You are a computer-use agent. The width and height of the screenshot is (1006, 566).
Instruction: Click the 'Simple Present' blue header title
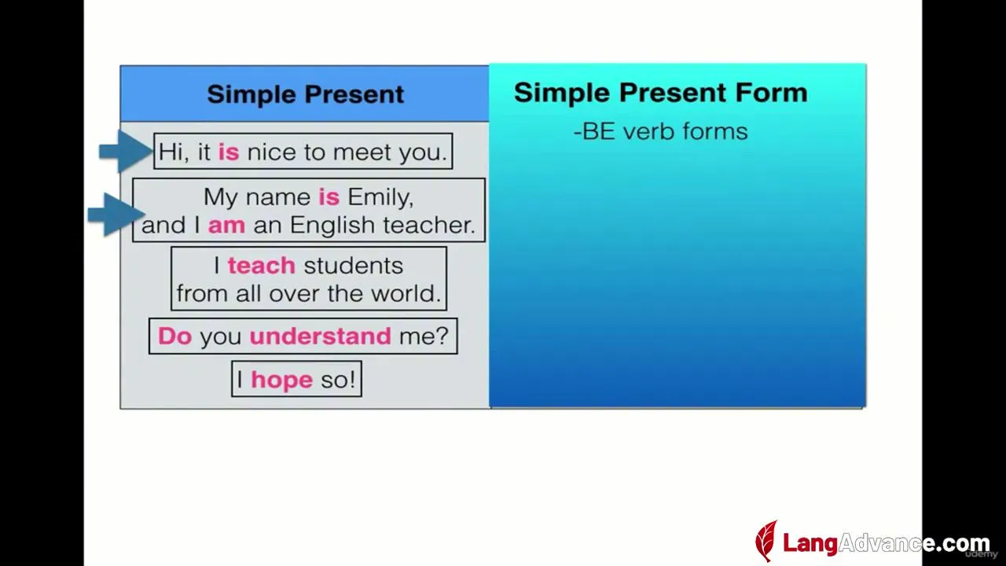pos(306,94)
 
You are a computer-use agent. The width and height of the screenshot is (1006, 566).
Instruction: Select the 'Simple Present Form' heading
pos(661,93)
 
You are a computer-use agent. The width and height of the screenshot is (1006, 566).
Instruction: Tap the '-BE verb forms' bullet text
pos(661,131)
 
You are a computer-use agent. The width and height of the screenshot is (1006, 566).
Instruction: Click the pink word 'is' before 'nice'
pos(229,152)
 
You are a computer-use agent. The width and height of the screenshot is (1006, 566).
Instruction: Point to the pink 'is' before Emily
pos(329,197)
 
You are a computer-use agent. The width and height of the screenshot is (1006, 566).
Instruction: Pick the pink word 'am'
pos(227,225)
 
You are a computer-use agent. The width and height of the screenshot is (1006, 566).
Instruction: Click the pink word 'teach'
pos(262,266)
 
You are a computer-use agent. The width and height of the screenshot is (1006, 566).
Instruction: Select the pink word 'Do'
pos(175,336)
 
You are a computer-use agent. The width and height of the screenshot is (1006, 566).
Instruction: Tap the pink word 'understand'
pos(320,336)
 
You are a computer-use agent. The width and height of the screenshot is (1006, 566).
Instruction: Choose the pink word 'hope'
pos(281,380)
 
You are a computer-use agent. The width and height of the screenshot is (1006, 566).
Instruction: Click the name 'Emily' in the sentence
pos(380,197)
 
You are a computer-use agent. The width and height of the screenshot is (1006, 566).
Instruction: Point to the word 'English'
pos(332,226)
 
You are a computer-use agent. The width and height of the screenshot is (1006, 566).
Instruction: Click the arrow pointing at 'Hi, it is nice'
pos(127,152)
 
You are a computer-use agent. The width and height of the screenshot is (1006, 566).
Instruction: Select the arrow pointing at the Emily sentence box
pos(116,215)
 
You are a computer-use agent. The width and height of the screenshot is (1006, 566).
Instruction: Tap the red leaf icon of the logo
pos(766,542)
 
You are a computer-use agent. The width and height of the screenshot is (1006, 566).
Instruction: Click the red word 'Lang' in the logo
pos(810,543)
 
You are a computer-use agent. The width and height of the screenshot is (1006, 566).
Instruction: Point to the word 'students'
pos(354,266)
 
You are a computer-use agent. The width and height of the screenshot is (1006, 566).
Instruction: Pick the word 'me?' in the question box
pos(424,336)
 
